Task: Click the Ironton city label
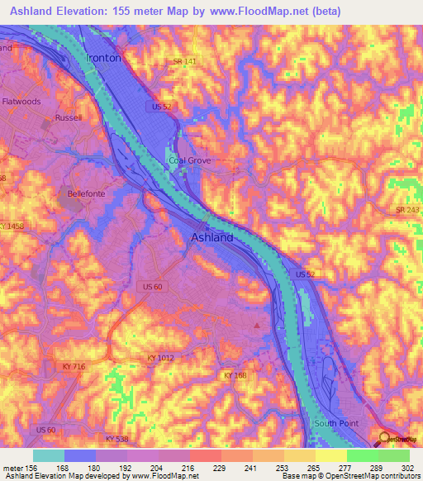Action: [x=103, y=59]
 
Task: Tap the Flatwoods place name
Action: [x=21, y=102]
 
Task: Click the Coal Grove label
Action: [x=189, y=160]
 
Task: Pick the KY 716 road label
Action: [x=74, y=365]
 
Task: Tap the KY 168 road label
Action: [x=236, y=375]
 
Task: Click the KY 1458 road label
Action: [x=12, y=226]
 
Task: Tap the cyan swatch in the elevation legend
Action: [x=49, y=455]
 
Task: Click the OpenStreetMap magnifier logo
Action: [x=384, y=439]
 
